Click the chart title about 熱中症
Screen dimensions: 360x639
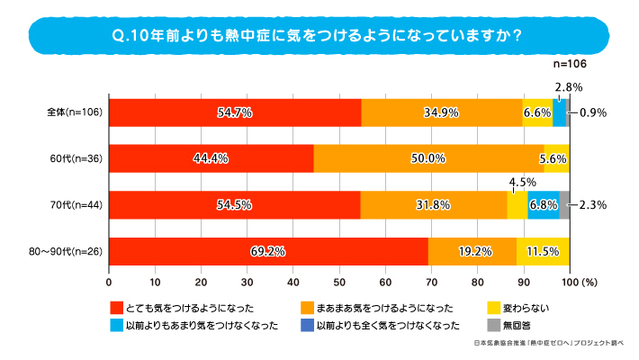coord(319,37)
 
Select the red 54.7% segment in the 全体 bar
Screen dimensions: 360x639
coord(235,112)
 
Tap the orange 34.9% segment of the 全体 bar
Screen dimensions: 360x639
coord(442,112)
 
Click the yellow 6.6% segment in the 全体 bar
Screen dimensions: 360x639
coord(537,112)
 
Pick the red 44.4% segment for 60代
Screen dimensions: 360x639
coord(211,158)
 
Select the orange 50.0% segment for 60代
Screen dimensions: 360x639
coord(428,158)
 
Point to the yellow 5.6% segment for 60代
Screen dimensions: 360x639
coord(556,158)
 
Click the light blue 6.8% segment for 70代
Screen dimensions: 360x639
coord(544,204)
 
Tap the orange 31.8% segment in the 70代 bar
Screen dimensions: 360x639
coord(434,204)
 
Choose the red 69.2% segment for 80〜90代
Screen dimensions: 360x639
coord(268,250)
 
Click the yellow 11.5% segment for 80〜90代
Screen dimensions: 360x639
coord(543,250)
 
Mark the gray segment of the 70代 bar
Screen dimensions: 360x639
coord(564,204)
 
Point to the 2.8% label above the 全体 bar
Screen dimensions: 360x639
coord(569,87)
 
